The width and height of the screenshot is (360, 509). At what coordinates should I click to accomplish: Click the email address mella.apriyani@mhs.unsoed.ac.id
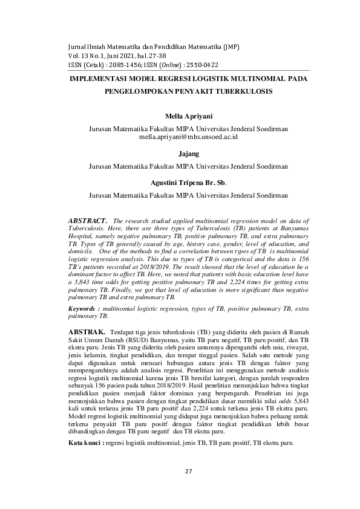[188, 138]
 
